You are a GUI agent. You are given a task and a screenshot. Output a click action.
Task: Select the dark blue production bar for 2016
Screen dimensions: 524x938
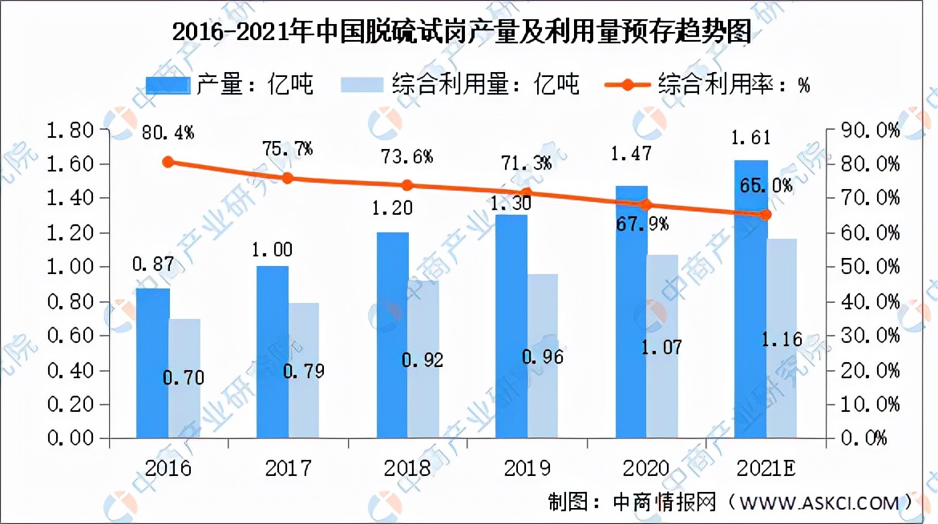coord(152,363)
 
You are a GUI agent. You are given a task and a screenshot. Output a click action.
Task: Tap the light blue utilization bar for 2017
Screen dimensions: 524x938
coord(304,370)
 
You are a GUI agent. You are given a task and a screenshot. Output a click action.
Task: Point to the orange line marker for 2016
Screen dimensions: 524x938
coord(168,162)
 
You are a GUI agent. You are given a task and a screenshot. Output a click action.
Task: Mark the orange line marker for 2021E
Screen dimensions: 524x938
coord(766,215)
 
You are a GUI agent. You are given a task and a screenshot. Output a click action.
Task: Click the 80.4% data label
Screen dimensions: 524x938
coord(168,131)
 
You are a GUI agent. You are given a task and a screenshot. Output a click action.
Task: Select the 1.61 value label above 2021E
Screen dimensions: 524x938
coord(750,138)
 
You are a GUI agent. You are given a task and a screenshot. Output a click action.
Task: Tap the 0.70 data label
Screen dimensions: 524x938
coord(184,377)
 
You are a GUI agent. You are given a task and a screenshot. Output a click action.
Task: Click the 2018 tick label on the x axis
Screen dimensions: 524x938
coord(407,467)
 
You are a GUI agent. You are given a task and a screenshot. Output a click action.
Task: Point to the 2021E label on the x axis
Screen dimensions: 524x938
coord(766,467)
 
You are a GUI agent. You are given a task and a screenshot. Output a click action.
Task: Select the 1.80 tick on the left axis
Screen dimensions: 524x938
coord(72,130)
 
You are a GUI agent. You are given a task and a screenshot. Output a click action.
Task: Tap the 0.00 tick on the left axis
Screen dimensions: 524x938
coord(72,438)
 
